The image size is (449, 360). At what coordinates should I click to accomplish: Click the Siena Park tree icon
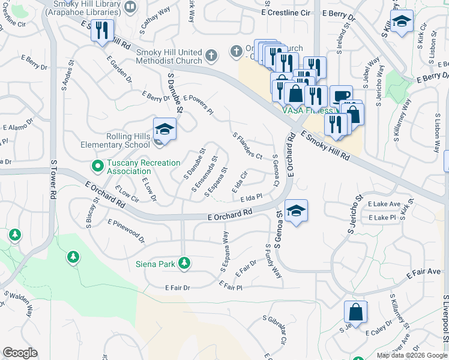pyautogui.click(x=184, y=263)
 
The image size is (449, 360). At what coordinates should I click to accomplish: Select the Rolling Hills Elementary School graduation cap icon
pyautogui.click(x=164, y=128)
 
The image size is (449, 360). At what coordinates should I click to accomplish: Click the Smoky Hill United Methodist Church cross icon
pyautogui.click(x=210, y=56)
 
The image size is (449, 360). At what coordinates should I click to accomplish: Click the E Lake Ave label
pyautogui.click(x=384, y=204)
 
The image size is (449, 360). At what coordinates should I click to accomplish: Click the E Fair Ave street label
pyautogui.click(x=423, y=273)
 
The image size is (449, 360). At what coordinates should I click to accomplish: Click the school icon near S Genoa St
pyautogui.click(x=296, y=210)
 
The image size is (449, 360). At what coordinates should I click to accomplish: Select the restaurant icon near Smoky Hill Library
pyautogui.click(x=102, y=29)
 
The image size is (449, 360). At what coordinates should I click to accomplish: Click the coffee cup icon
pyautogui.click(x=341, y=96)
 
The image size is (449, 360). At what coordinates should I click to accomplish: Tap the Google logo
pyautogui.click(x=20, y=353)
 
